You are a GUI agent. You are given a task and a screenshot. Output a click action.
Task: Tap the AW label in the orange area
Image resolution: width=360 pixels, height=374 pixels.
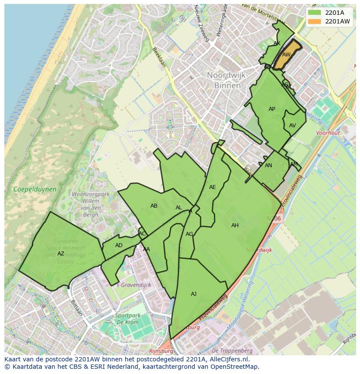point(286,55)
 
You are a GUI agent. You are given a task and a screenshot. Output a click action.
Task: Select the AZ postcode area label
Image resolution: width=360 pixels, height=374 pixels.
point(61,254)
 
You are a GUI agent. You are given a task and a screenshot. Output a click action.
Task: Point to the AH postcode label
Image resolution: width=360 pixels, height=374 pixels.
point(235,225)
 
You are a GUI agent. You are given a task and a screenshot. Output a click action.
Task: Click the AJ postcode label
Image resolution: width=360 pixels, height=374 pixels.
point(193,294)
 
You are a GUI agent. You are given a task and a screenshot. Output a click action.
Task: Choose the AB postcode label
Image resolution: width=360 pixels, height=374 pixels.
point(154,206)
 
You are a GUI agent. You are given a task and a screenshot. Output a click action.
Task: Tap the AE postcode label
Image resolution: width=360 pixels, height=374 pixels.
point(212,187)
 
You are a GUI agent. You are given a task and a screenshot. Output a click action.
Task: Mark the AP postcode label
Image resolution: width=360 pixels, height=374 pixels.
point(272,109)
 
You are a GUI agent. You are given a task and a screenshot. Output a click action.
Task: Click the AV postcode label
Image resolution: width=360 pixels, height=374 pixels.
point(292,126)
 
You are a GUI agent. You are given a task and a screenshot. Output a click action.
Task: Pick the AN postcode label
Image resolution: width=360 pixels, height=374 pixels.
point(268,165)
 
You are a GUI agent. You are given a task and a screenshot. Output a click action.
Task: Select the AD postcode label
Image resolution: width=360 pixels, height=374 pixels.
point(119,245)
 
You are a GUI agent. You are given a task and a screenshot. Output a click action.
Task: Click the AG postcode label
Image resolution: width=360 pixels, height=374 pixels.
point(189,234)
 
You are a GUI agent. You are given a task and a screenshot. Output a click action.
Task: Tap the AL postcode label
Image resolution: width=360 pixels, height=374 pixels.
point(179,208)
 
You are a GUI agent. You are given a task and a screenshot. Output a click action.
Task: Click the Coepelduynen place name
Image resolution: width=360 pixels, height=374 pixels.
point(29,189)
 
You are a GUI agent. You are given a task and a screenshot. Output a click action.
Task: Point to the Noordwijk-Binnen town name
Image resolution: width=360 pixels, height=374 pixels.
point(227,80)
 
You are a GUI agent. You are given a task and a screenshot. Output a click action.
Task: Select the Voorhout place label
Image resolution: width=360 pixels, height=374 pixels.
point(328,133)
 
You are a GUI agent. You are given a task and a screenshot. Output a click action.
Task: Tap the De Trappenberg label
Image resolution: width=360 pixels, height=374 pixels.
point(232,350)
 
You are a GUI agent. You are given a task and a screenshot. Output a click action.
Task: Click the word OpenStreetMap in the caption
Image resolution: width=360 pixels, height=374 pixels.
point(235,367)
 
